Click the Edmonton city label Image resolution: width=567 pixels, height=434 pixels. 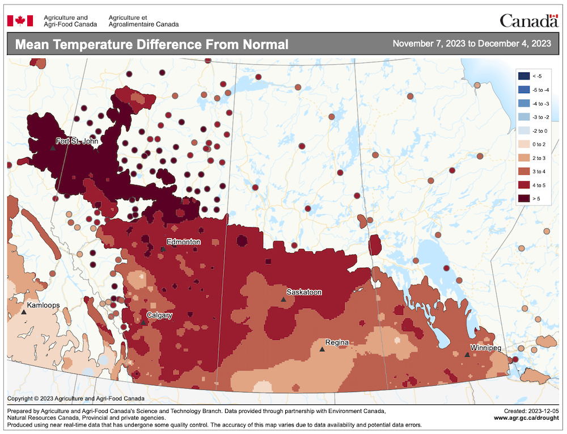183,242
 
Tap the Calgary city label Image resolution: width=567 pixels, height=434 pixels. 159,315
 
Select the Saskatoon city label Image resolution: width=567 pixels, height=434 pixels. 304,292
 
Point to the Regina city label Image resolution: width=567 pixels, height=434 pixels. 337,343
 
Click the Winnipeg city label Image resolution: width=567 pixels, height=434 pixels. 486,347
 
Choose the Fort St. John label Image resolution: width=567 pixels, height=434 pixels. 76,141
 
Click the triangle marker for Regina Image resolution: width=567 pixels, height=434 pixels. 321,349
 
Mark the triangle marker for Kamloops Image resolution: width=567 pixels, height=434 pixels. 24,312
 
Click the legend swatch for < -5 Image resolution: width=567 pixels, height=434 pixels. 523,76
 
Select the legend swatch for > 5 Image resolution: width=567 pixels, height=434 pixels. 523,198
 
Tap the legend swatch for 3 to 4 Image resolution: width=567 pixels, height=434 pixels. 523,171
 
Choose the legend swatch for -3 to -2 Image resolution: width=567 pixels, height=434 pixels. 523,117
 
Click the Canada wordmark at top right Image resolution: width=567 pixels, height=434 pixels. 528,21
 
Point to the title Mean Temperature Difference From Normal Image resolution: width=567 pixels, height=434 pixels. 152,45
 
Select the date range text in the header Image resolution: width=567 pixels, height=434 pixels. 471,44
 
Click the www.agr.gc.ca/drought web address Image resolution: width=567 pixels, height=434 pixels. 526,418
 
